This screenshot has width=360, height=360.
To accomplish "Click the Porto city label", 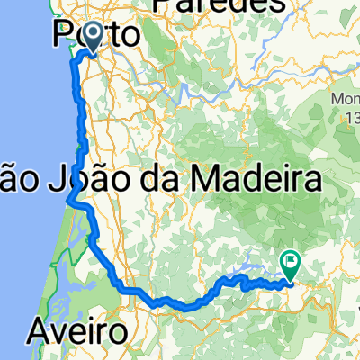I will pyautogui.click(x=96, y=35).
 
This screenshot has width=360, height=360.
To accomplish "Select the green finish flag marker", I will pyautogui.click(x=292, y=265).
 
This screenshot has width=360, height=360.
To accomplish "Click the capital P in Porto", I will pyautogui.click(x=64, y=35).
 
